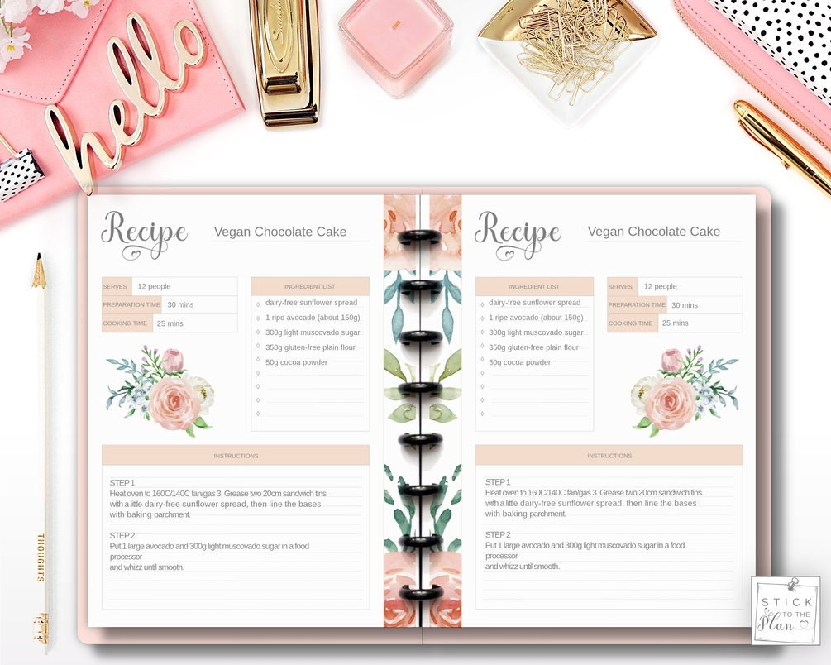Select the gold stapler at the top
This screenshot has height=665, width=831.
pyautogui.click(x=285, y=58)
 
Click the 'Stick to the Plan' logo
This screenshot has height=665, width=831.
pyautogui.click(x=785, y=611)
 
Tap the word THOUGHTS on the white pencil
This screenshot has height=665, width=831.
pyautogui.click(x=40, y=557)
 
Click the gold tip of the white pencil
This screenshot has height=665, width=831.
pyautogui.click(x=39, y=273)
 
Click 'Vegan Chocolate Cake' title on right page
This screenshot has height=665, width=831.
pyautogui.click(x=653, y=232)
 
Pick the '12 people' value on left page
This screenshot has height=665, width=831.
pyautogui.click(x=154, y=287)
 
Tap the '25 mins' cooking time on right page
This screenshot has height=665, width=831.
pyautogui.click(x=675, y=323)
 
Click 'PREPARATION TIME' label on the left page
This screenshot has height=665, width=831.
pyautogui.click(x=131, y=305)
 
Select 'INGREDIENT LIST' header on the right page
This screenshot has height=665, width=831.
pyautogui.click(x=534, y=287)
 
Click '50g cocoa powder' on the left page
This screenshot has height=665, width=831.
pyautogui.click(x=296, y=362)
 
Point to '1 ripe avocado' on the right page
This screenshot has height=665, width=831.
pyautogui.click(x=535, y=318)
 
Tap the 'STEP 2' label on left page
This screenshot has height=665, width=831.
pyautogui.click(x=122, y=535)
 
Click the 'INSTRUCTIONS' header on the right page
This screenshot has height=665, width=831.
pyautogui.click(x=609, y=456)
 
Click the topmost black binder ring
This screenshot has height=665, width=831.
pyautogui.click(x=422, y=237)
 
